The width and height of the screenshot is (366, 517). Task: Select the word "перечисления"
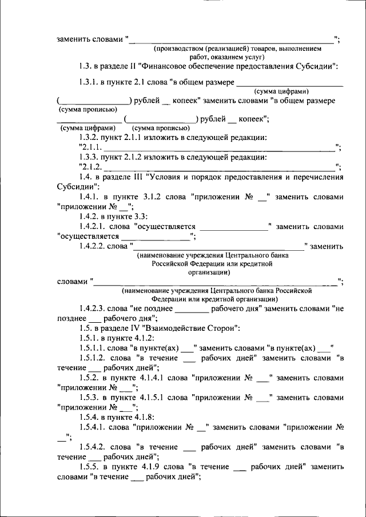click(317, 177)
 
